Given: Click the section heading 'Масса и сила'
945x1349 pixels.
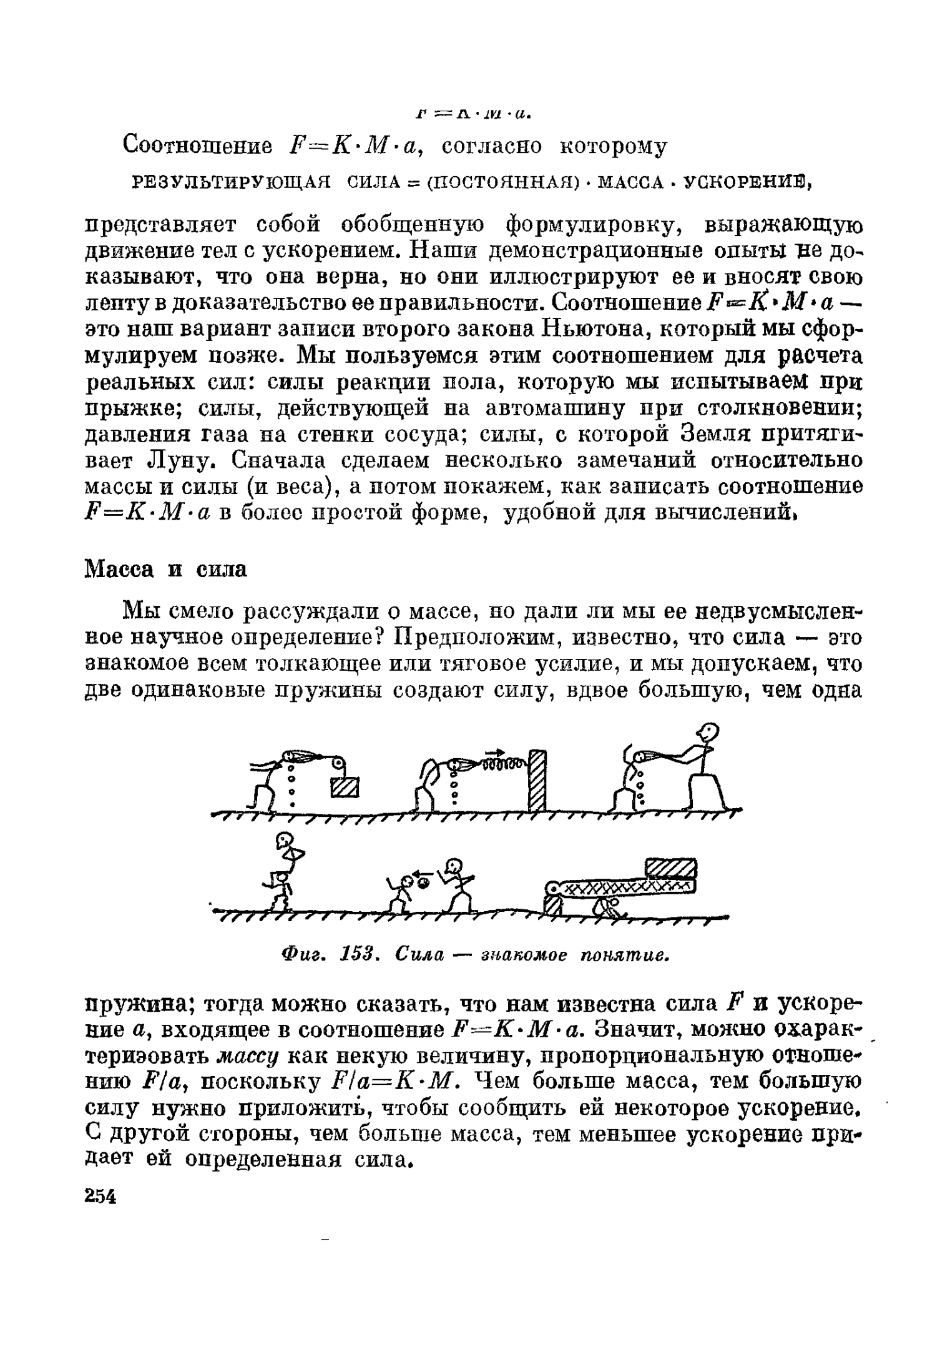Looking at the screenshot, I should click(166, 569).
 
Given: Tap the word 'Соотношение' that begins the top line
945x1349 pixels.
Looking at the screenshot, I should click(198, 146).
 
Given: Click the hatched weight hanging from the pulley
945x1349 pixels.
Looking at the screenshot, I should click(345, 787).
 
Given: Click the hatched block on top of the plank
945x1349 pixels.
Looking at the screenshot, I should click(670, 869).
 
